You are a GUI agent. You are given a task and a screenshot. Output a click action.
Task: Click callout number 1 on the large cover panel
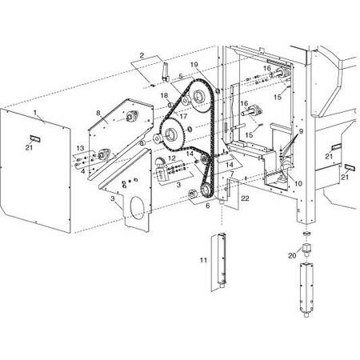35,113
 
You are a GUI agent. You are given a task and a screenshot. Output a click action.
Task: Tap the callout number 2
142,55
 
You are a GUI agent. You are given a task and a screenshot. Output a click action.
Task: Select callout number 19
194,65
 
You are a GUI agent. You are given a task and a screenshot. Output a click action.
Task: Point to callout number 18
164,95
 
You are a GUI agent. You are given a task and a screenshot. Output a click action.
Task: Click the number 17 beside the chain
183,117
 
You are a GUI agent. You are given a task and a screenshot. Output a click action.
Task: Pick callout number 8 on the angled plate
98,113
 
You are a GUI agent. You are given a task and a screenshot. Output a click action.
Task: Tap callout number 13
80,148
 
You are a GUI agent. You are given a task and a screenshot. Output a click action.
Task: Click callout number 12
172,158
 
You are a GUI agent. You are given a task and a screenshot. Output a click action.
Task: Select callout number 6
208,206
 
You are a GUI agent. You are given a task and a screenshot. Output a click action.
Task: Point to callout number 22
245,198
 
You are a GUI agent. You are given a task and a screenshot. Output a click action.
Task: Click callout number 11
203,260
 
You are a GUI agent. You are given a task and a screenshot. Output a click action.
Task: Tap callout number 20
292,255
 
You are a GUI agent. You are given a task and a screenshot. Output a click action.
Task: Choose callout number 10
298,183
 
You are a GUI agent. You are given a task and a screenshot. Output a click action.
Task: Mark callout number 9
301,131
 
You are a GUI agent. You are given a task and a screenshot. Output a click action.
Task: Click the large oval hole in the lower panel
138,208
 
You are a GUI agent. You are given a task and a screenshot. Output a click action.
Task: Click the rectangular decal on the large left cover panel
35,138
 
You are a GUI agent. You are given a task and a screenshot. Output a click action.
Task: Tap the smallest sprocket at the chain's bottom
206,190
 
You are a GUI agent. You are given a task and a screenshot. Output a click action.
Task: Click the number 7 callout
232,174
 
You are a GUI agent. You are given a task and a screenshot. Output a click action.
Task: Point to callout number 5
181,76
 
